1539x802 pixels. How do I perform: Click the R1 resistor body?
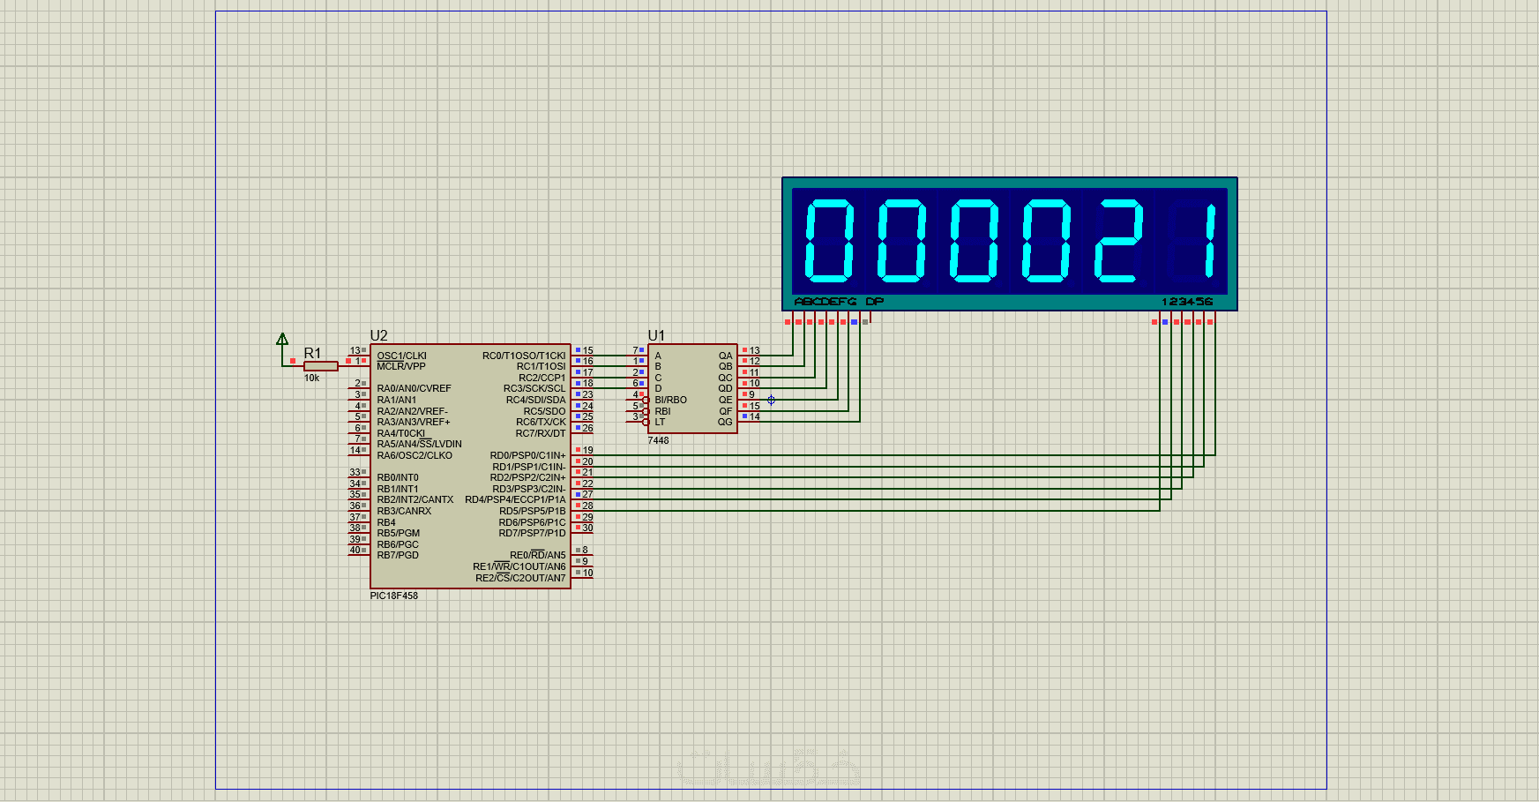tap(320, 366)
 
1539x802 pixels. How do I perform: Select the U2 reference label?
tap(378, 336)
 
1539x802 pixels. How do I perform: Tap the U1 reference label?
tap(656, 336)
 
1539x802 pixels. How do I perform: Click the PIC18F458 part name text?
tap(393, 596)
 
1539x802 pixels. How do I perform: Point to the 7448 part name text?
tap(658, 440)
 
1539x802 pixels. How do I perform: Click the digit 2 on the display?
tap(1118, 241)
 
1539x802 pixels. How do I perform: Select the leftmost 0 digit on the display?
tap(829, 241)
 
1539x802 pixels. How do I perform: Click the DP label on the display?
tap(874, 302)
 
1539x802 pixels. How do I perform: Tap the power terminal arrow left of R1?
tap(282, 340)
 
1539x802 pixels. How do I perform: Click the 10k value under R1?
tap(312, 379)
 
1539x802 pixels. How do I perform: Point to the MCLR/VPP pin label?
tap(401, 366)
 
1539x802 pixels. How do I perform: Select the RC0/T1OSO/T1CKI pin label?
tap(524, 356)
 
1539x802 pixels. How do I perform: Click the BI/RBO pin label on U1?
tap(670, 400)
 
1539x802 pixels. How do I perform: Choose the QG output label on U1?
tap(725, 422)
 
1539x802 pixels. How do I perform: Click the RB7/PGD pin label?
tap(398, 555)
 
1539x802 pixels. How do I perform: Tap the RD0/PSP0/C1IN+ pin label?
tap(527, 455)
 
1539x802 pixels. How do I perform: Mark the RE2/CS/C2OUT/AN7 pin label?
tap(520, 578)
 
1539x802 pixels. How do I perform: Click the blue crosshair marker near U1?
tap(771, 400)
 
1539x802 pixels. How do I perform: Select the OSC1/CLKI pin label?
tap(401, 356)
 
